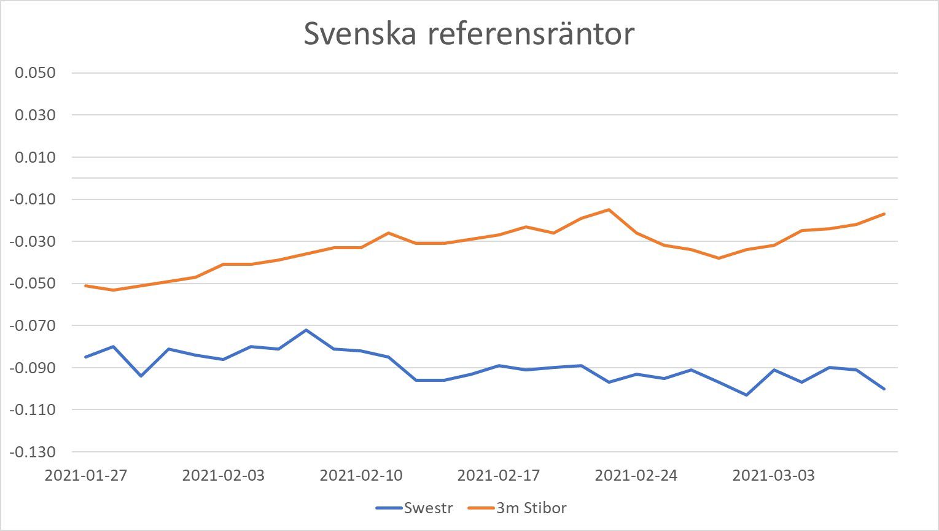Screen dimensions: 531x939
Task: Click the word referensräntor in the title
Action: pos(531,34)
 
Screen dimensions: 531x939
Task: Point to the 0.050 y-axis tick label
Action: pos(36,73)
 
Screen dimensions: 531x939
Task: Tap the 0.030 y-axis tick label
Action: pos(36,115)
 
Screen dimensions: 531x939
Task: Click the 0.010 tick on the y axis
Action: pos(36,158)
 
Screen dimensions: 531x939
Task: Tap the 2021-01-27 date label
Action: pos(86,476)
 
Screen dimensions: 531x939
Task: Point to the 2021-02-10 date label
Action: pos(361,476)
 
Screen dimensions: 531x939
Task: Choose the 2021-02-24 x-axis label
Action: pos(636,476)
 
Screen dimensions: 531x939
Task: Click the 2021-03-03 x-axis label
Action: pos(774,476)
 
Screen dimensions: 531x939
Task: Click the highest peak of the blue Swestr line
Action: pos(306,330)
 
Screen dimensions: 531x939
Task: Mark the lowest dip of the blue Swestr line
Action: pos(746,395)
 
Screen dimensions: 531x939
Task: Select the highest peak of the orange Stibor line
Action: pos(609,210)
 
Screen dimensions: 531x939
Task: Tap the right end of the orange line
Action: pos(884,214)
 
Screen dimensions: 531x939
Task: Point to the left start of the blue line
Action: pos(85,357)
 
